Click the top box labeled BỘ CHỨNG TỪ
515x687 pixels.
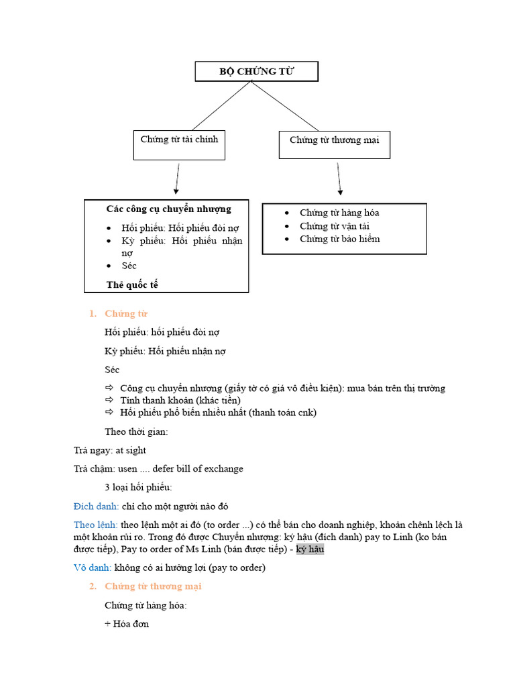click(x=256, y=71)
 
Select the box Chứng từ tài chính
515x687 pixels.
click(x=179, y=145)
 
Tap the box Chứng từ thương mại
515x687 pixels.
click(x=334, y=145)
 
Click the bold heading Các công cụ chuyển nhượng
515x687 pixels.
click(x=168, y=209)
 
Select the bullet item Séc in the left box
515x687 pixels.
click(x=129, y=266)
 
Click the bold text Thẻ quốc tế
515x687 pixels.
click(x=132, y=284)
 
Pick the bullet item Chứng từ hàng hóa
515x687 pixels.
click(x=339, y=213)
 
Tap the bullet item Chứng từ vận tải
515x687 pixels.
click(x=334, y=226)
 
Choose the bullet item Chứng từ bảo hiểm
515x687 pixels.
click(x=339, y=239)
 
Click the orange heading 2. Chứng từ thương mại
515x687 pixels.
click(x=153, y=586)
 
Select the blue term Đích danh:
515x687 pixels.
click(x=96, y=506)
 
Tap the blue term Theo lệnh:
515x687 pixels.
click(x=95, y=525)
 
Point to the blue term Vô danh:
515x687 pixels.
click(x=92, y=568)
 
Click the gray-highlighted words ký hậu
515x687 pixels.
click(x=310, y=549)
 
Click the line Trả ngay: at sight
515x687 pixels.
click(x=109, y=450)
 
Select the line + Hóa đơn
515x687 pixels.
click(x=127, y=624)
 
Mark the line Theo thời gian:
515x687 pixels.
click(x=136, y=431)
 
